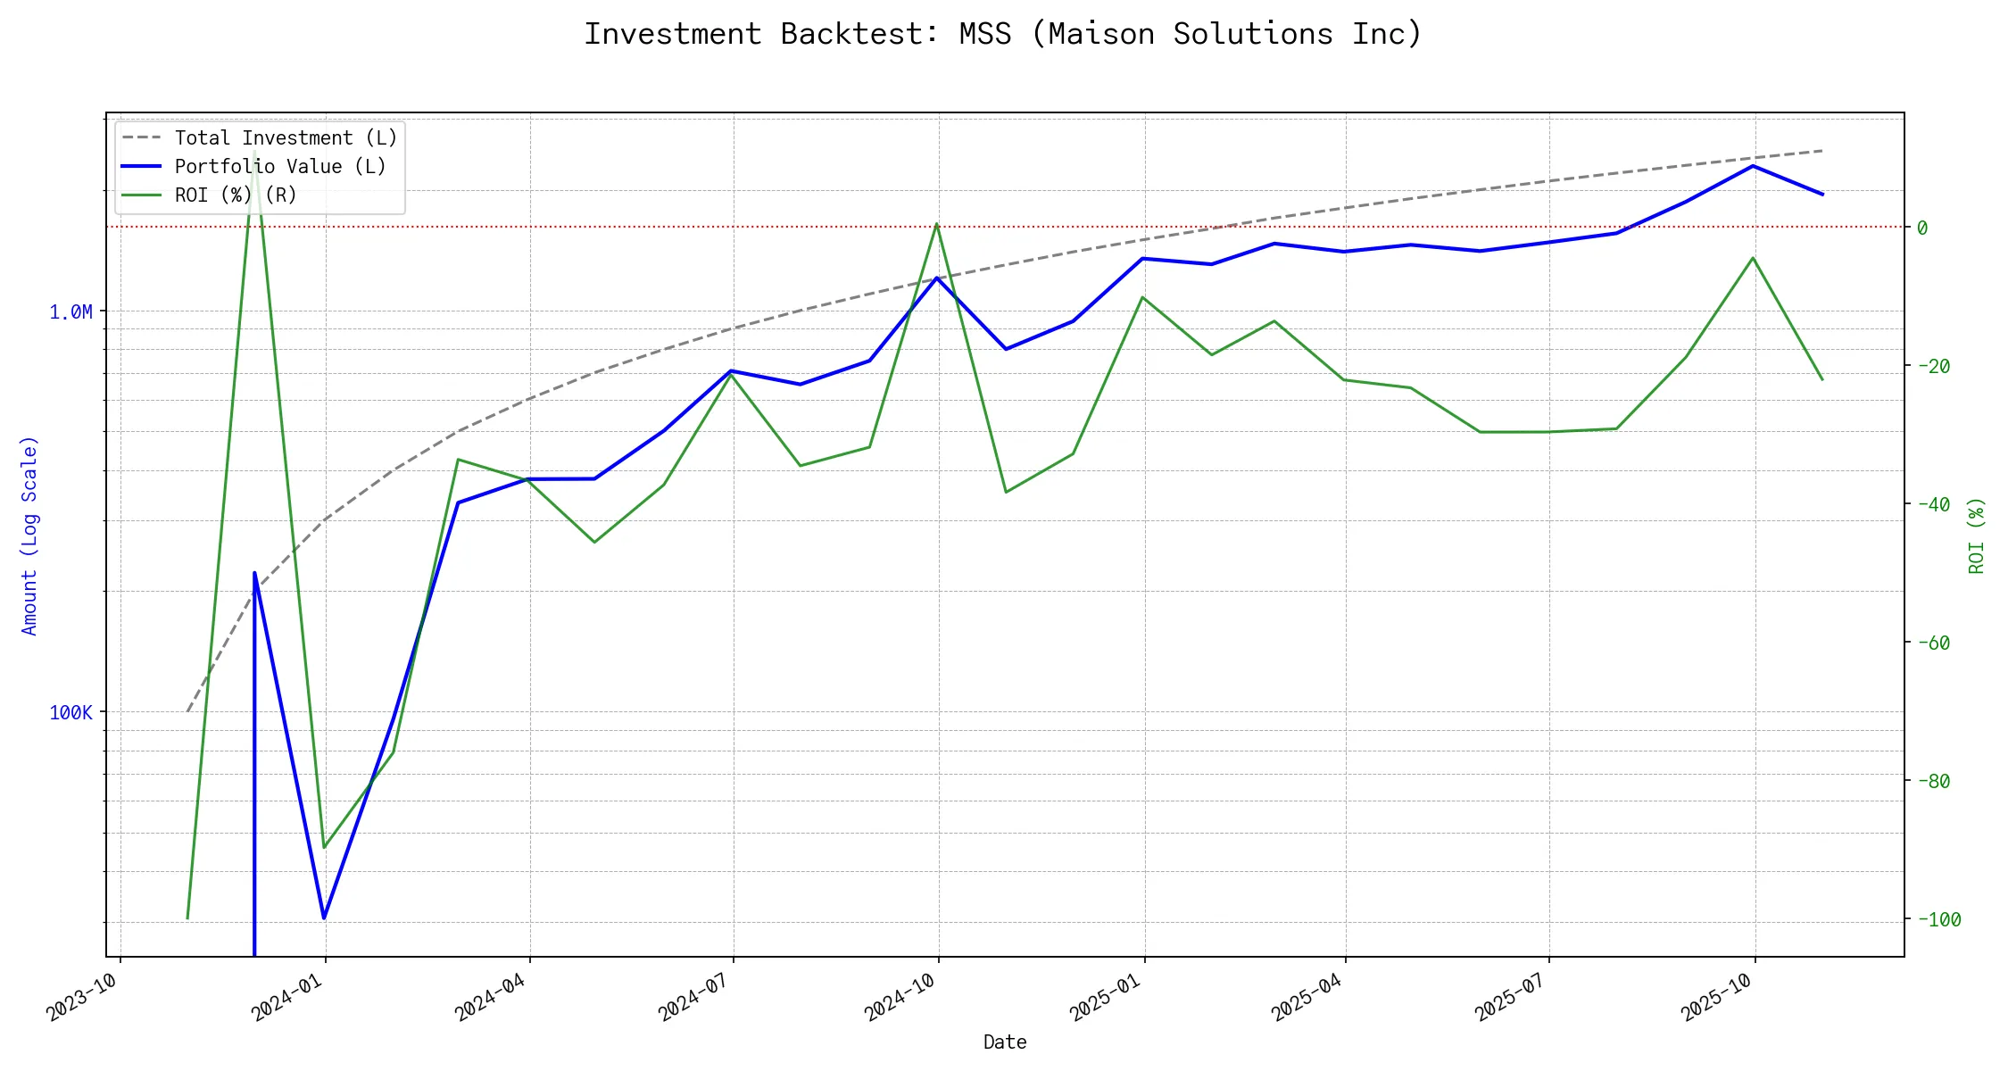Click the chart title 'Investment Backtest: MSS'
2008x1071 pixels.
1002,34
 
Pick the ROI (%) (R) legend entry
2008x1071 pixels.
236,195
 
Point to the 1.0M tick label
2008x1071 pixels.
71,312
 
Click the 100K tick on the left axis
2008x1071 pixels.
71,713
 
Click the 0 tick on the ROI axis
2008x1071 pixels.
1922,228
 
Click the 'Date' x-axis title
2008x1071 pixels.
1005,1042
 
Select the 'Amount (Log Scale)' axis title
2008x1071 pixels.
29,535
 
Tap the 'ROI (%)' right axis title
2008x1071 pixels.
1977,535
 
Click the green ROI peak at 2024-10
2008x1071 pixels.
936,223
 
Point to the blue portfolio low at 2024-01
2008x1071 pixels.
323,917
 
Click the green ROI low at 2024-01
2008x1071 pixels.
323,847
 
